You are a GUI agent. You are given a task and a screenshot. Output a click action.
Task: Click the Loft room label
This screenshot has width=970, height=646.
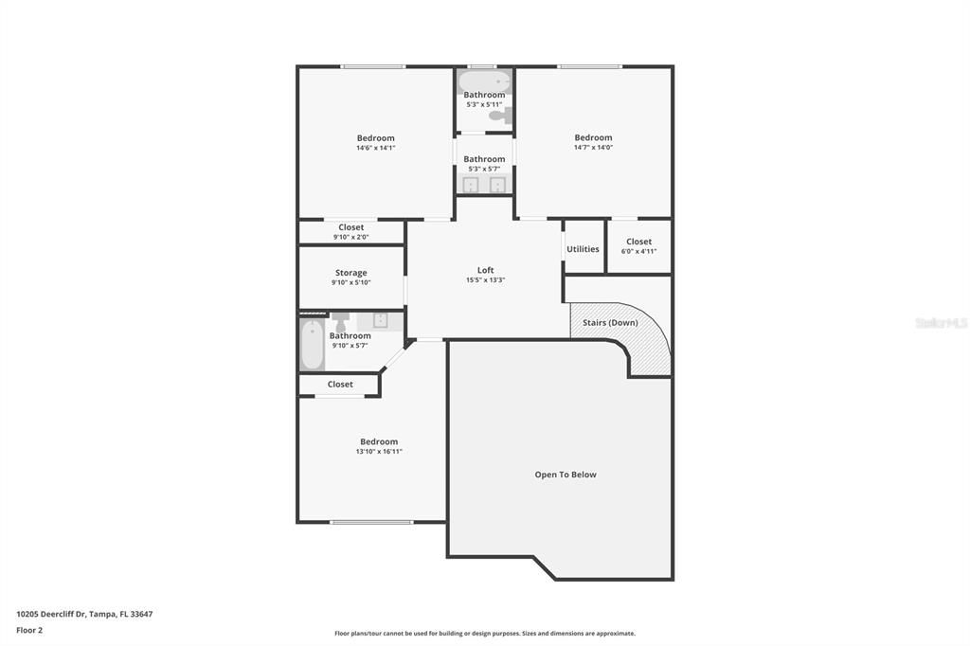click(486, 270)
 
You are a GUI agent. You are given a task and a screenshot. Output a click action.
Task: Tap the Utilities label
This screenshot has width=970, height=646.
click(583, 249)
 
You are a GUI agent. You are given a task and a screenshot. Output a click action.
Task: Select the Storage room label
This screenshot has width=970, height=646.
click(350, 273)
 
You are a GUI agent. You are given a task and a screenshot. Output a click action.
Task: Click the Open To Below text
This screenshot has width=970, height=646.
click(566, 475)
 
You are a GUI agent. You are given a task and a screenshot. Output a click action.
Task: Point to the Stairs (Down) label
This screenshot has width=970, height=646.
click(610, 322)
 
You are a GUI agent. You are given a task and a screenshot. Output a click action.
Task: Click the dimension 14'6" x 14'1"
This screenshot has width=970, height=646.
click(375, 148)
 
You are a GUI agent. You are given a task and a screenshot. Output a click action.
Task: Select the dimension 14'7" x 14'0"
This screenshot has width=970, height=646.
click(593, 147)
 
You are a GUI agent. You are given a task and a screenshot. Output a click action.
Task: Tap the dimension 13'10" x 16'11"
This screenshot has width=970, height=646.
click(379, 452)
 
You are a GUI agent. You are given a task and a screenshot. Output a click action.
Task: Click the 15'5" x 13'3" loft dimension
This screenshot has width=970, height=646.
click(486, 279)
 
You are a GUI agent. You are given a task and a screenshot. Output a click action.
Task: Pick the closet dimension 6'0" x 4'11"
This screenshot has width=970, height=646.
click(638, 251)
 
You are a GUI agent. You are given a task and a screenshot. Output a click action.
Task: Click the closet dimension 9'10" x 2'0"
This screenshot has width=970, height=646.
click(350, 237)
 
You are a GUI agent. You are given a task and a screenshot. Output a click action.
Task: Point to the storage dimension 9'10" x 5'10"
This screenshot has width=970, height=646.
click(350, 283)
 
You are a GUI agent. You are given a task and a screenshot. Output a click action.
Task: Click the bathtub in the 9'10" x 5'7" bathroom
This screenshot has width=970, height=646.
click(313, 344)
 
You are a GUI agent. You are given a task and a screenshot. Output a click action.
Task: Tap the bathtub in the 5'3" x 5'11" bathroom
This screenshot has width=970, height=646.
click(485, 81)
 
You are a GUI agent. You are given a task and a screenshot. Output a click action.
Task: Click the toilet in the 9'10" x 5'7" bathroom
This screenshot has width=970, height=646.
click(340, 322)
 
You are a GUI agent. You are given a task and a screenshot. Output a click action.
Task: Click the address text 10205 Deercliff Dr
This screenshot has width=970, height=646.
click(51, 615)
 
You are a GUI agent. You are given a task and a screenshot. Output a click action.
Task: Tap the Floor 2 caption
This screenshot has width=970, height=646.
click(29, 631)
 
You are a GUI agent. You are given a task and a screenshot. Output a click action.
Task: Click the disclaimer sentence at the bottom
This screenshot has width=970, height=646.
click(485, 634)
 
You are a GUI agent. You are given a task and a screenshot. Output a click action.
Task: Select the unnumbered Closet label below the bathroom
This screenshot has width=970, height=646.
click(340, 385)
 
